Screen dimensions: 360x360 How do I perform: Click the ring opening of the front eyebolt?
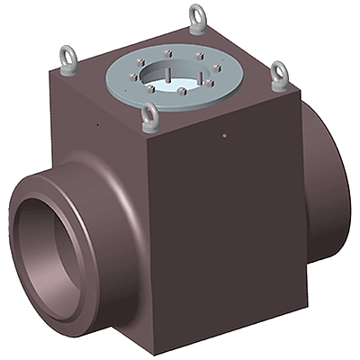pos(150,112)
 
